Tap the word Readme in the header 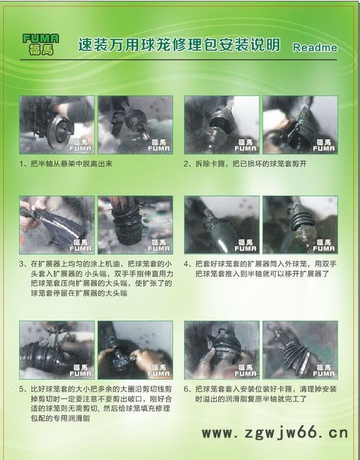(x=315, y=47)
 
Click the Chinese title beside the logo (x=179, y=45)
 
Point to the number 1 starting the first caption (x=23, y=163)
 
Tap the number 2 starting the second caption (x=187, y=163)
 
